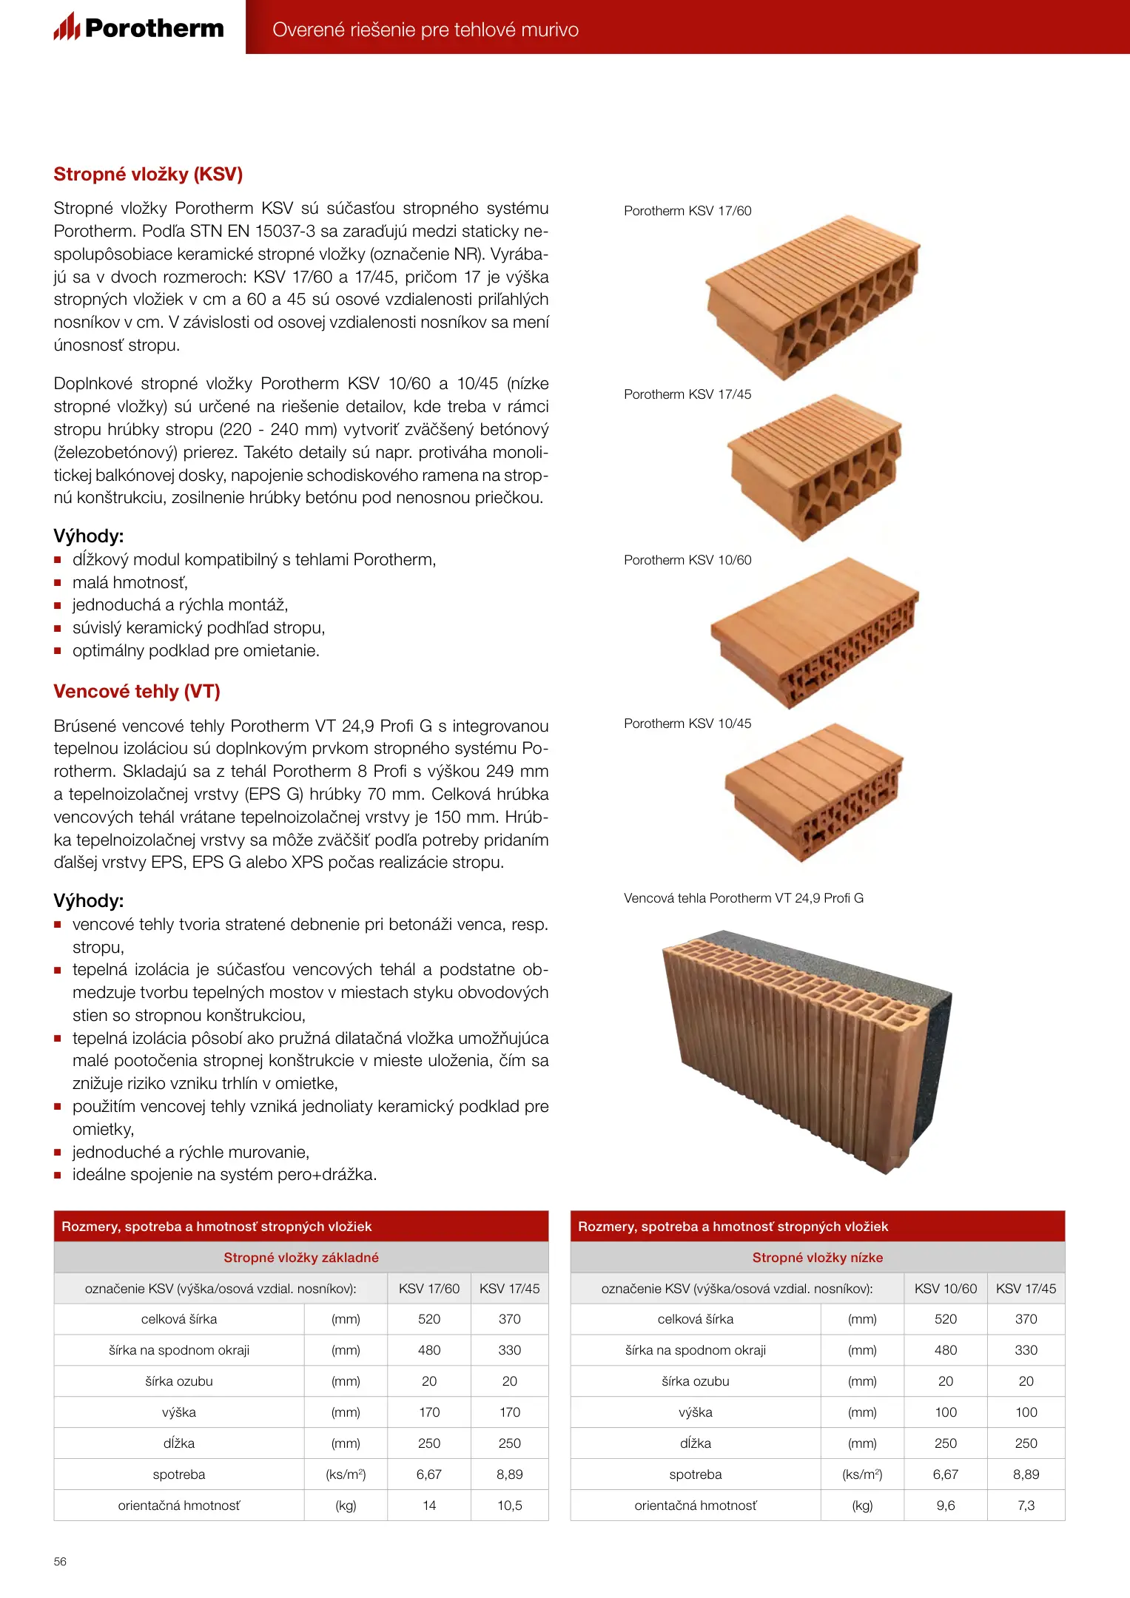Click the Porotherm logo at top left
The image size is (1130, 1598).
(138, 27)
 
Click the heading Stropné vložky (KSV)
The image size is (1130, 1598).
(148, 174)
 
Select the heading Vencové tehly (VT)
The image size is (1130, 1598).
(137, 691)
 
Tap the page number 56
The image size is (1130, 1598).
(60, 1561)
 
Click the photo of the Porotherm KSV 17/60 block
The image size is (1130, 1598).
(813, 296)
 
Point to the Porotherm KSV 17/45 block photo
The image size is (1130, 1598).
(814, 466)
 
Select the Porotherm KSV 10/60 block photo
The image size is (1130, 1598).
(814, 633)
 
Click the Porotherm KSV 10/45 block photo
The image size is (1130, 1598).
(814, 792)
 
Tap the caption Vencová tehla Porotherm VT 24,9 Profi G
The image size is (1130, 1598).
(743, 898)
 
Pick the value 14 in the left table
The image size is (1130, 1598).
(429, 1505)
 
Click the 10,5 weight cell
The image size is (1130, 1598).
(509, 1505)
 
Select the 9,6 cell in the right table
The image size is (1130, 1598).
(945, 1505)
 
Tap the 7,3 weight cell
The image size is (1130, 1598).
(1026, 1505)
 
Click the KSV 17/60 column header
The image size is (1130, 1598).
(429, 1288)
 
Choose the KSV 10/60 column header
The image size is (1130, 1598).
(945, 1288)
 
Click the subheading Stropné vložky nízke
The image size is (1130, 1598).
(817, 1257)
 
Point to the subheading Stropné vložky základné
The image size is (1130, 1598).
(301, 1257)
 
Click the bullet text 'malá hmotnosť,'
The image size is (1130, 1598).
(130, 582)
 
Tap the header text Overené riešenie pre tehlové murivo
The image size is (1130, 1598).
(426, 30)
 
